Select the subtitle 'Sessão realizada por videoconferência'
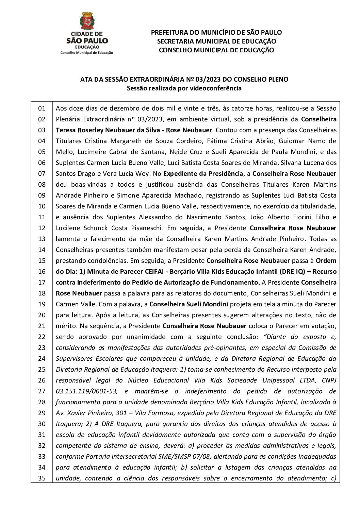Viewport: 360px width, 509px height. click(x=184, y=88)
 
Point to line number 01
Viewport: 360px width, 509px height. click(x=42, y=108)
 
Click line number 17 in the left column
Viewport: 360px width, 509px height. click(x=42, y=282)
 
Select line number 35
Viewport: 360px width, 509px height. click(x=42, y=478)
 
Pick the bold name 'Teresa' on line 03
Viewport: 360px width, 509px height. click(x=66, y=130)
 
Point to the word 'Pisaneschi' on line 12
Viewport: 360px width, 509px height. click(x=160, y=228)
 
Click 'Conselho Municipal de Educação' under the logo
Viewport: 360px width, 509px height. click(x=86, y=53)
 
